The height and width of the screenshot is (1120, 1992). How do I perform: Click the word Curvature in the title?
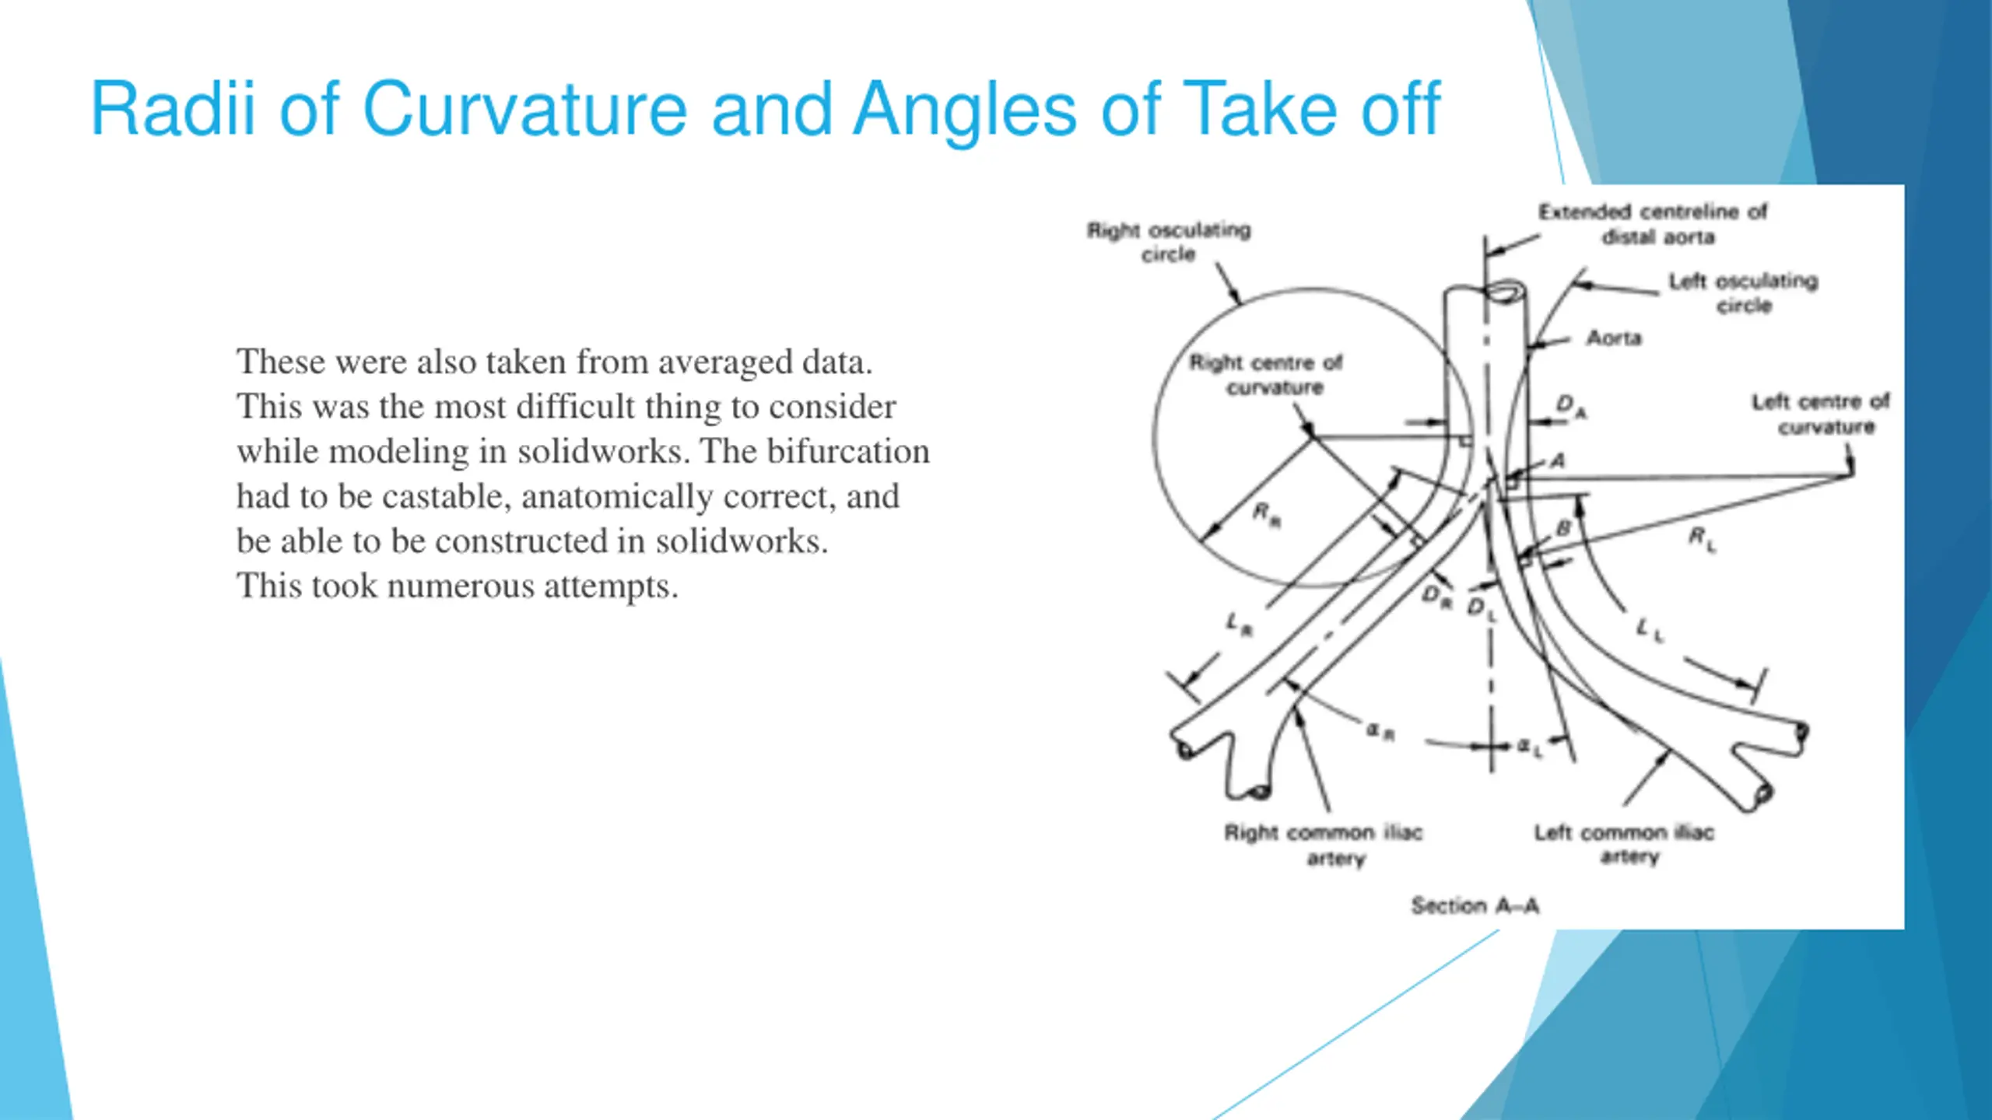524,109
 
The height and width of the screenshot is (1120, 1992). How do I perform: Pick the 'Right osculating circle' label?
1169,242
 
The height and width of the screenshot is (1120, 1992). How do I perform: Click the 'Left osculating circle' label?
1744,292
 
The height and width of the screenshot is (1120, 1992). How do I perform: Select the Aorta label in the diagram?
1614,338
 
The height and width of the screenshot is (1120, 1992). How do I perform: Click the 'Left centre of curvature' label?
1821,414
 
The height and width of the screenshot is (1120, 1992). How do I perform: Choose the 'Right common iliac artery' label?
1324,844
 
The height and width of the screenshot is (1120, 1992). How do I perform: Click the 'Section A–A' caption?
1475,905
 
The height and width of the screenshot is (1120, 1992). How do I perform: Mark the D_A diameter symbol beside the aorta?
1570,405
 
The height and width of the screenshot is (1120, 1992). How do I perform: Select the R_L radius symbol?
1702,537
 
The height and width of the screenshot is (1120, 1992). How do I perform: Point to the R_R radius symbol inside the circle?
1266,515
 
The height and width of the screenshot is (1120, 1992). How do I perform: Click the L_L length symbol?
1649,629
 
